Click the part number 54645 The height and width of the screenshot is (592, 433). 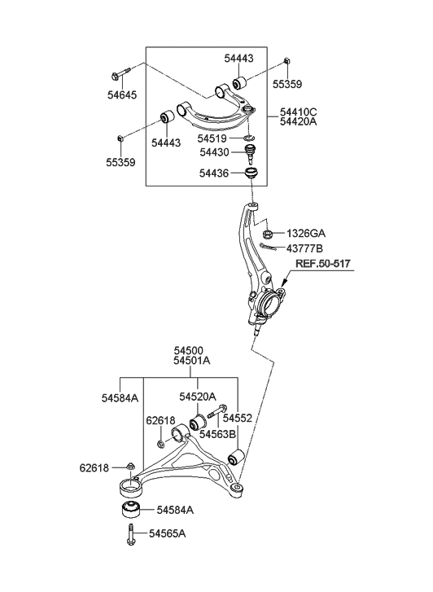(120, 95)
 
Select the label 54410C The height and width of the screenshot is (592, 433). (300, 111)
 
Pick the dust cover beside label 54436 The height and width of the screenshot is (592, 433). (253, 173)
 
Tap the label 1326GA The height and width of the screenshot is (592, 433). (307, 232)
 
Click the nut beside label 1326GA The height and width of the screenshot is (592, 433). (271, 232)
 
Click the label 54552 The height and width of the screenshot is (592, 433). (239, 418)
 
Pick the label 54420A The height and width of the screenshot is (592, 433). (300, 122)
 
